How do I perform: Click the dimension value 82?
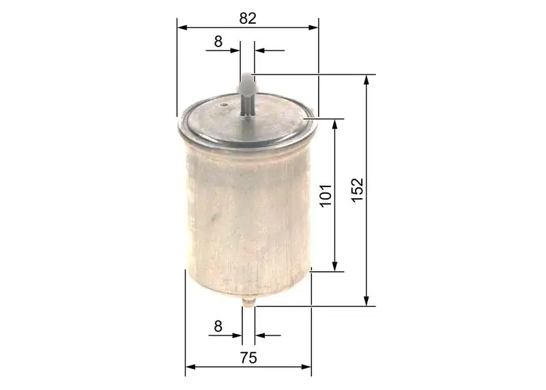pos(247,19)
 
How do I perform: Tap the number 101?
pos(326,196)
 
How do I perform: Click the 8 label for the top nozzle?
pos(218,41)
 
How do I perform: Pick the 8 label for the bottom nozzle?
pos(218,326)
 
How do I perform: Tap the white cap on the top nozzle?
pos(246,85)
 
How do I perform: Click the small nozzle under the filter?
pos(248,303)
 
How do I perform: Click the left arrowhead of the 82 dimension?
pos(182,28)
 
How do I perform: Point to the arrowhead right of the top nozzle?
pos(259,50)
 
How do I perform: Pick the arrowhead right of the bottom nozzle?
pos(260,335)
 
